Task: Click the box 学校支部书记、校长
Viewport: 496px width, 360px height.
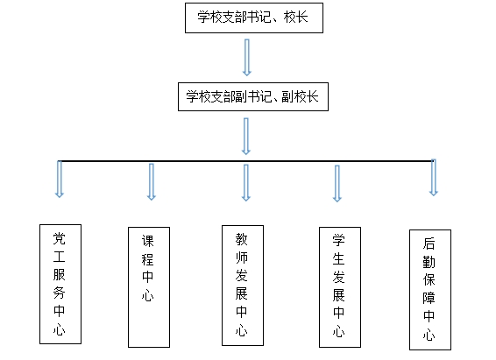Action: pos(254,18)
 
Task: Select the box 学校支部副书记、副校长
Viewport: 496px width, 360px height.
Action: pos(253,96)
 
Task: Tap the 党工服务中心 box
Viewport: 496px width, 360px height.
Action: pos(60,284)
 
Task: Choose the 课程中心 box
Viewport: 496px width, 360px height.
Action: pos(149,287)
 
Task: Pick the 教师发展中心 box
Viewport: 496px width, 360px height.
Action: pos(243,286)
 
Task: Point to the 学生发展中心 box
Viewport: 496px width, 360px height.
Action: pos(340,287)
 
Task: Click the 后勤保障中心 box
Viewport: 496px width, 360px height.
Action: pos(430,290)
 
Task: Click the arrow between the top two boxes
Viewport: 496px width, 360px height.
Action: pos(247,58)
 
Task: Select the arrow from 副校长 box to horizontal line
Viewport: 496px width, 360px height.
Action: pos(246,137)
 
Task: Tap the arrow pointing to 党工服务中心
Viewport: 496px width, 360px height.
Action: pos(60,180)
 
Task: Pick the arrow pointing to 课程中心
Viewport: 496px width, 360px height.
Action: pos(152,181)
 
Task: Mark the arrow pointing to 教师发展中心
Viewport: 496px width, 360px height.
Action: pos(246,183)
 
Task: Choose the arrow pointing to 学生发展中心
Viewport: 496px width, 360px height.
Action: pos(337,183)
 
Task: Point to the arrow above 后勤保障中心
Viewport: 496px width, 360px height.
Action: pos(434,178)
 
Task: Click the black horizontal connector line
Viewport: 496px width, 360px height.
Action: pos(246,161)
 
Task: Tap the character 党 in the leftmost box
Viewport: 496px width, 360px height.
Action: pos(60,239)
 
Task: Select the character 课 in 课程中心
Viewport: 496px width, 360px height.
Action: pos(148,241)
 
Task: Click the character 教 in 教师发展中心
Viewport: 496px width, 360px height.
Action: pos(241,239)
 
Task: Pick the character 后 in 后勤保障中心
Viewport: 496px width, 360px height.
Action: pos(429,244)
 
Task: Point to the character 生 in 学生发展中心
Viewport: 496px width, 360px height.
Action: pos(339,259)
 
